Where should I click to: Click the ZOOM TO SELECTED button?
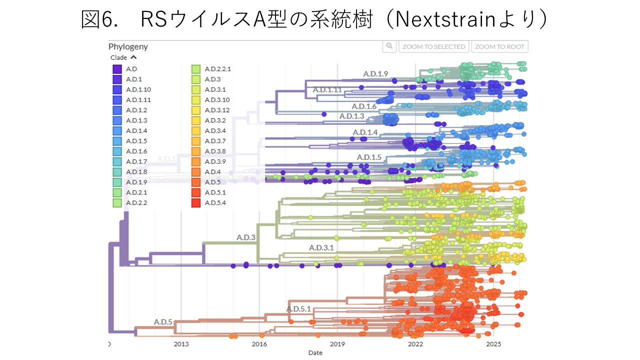[433, 46]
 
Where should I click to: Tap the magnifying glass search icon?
[389, 46]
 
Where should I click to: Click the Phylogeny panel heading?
[128, 46]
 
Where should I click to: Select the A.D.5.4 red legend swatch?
[196, 203]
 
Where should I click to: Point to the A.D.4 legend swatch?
[196, 172]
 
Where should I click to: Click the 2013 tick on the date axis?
[181, 344]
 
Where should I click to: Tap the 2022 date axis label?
[415, 344]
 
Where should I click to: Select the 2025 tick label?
[493, 344]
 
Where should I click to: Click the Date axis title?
[315, 353]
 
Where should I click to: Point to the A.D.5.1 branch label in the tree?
[298, 309]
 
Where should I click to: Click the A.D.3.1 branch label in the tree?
[321, 247]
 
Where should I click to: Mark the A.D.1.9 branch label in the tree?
[375, 74]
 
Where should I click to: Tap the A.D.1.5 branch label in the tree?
[369, 157]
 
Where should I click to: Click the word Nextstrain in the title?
[445, 19]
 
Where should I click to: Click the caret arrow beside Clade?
[133, 57]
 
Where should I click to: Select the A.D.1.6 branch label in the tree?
[364, 106]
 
